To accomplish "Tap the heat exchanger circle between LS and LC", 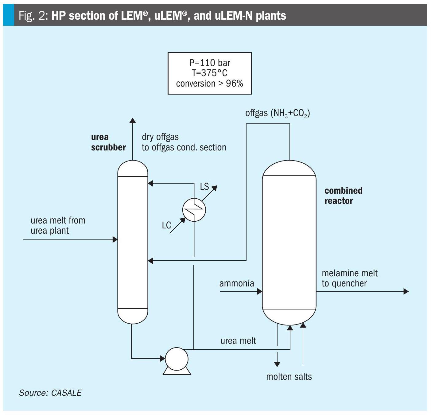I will click(194, 210).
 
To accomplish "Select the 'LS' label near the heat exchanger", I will click(204, 187).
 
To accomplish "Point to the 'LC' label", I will click(166, 225).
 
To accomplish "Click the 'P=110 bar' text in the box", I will click(210, 63).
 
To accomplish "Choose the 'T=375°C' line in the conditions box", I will click(210, 73).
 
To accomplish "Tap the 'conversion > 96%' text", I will click(210, 84).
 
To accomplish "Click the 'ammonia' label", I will click(237, 283).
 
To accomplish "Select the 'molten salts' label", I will click(289, 377).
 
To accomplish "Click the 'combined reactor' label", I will click(344, 196).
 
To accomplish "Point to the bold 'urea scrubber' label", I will click(108, 142).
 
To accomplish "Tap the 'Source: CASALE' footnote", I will click(50, 393).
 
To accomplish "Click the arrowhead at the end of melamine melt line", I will click(406, 291).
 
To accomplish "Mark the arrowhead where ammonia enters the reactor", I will click(260, 291).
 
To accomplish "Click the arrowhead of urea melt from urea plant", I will click(115, 239).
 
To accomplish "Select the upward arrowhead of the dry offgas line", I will click(133, 120).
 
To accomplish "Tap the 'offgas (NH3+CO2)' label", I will click(278, 113).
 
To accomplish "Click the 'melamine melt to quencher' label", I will click(350, 278).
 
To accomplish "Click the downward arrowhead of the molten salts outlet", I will click(277, 364).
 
